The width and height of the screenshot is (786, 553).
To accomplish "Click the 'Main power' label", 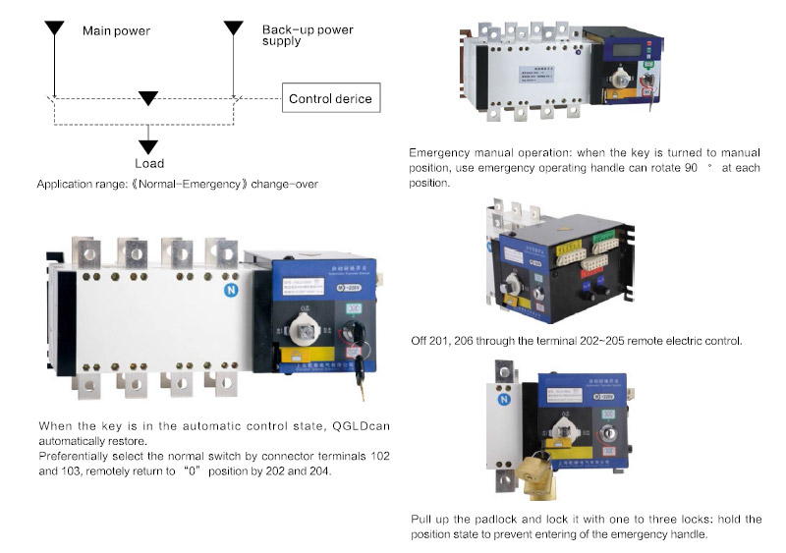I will [x=115, y=30].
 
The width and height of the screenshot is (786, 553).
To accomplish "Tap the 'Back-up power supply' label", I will [x=308, y=36].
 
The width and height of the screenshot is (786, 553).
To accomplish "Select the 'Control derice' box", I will [x=330, y=99].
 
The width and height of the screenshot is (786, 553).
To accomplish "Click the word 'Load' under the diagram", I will [x=149, y=163].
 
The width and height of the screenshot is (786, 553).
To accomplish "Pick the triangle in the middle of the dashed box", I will [x=147, y=97].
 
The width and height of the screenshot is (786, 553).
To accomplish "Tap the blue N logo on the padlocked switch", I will [x=504, y=399].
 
